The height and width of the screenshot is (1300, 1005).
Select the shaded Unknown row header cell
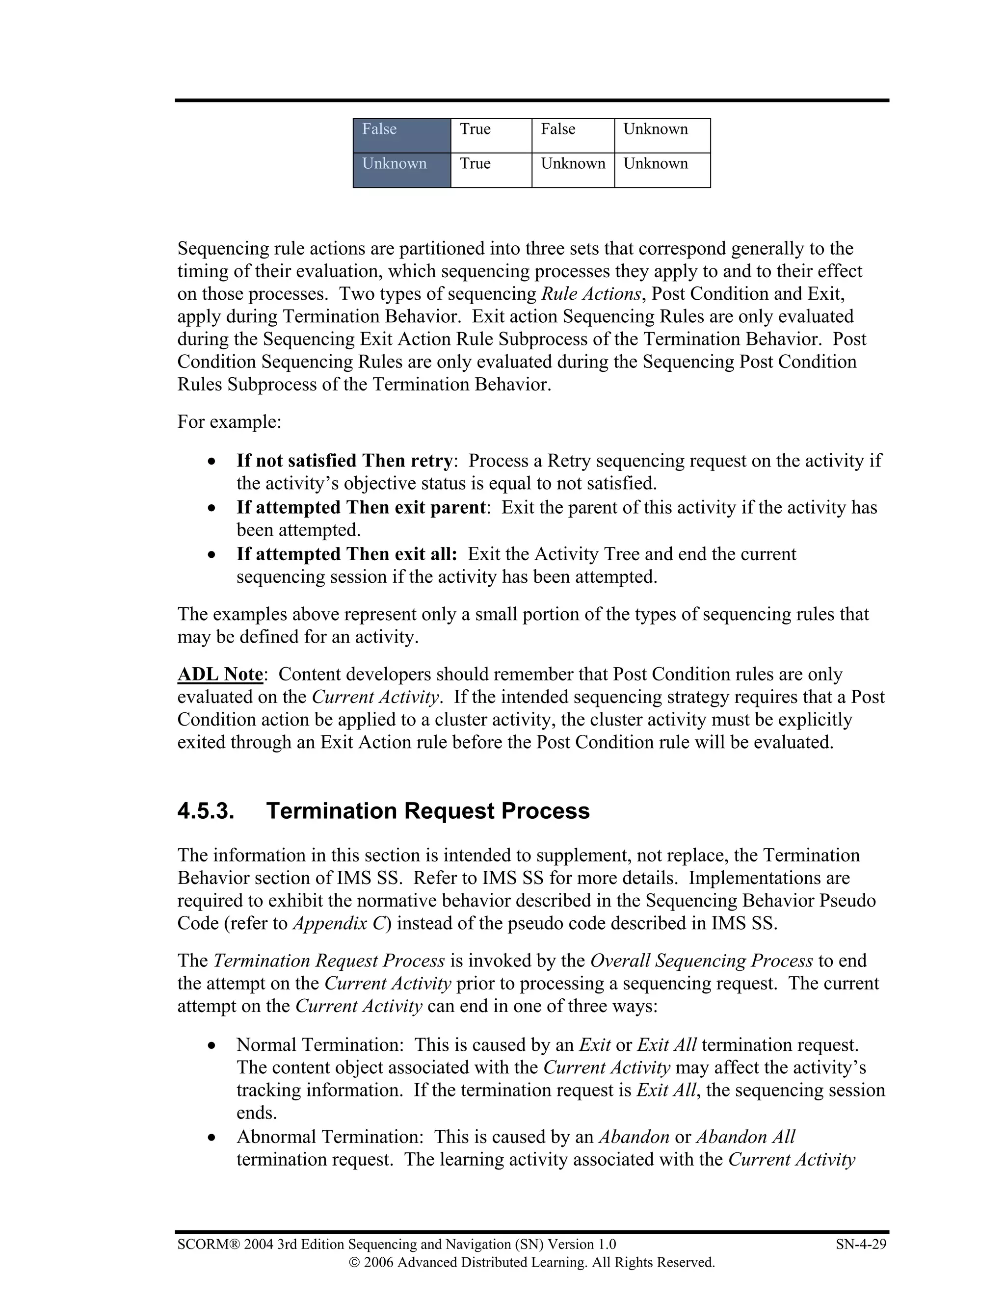click(x=401, y=170)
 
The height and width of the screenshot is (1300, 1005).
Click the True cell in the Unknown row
click(x=491, y=170)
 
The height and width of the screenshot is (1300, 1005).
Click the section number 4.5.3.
click(x=206, y=811)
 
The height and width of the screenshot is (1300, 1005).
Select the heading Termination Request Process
click(x=427, y=811)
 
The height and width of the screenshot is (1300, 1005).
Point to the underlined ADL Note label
click(x=220, y=675)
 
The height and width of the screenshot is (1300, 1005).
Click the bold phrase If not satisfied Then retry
click(x=344, y=461)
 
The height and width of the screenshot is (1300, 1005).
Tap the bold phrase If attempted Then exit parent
click(x=361, y=507)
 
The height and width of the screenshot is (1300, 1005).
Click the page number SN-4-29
click(x=861, y=1244)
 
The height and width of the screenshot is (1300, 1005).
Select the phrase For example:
click(x=229, y=422)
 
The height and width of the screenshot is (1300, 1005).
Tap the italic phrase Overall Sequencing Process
click(x=701, y=961)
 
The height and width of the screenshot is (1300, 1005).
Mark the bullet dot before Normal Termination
click(x=212, y=1045)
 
